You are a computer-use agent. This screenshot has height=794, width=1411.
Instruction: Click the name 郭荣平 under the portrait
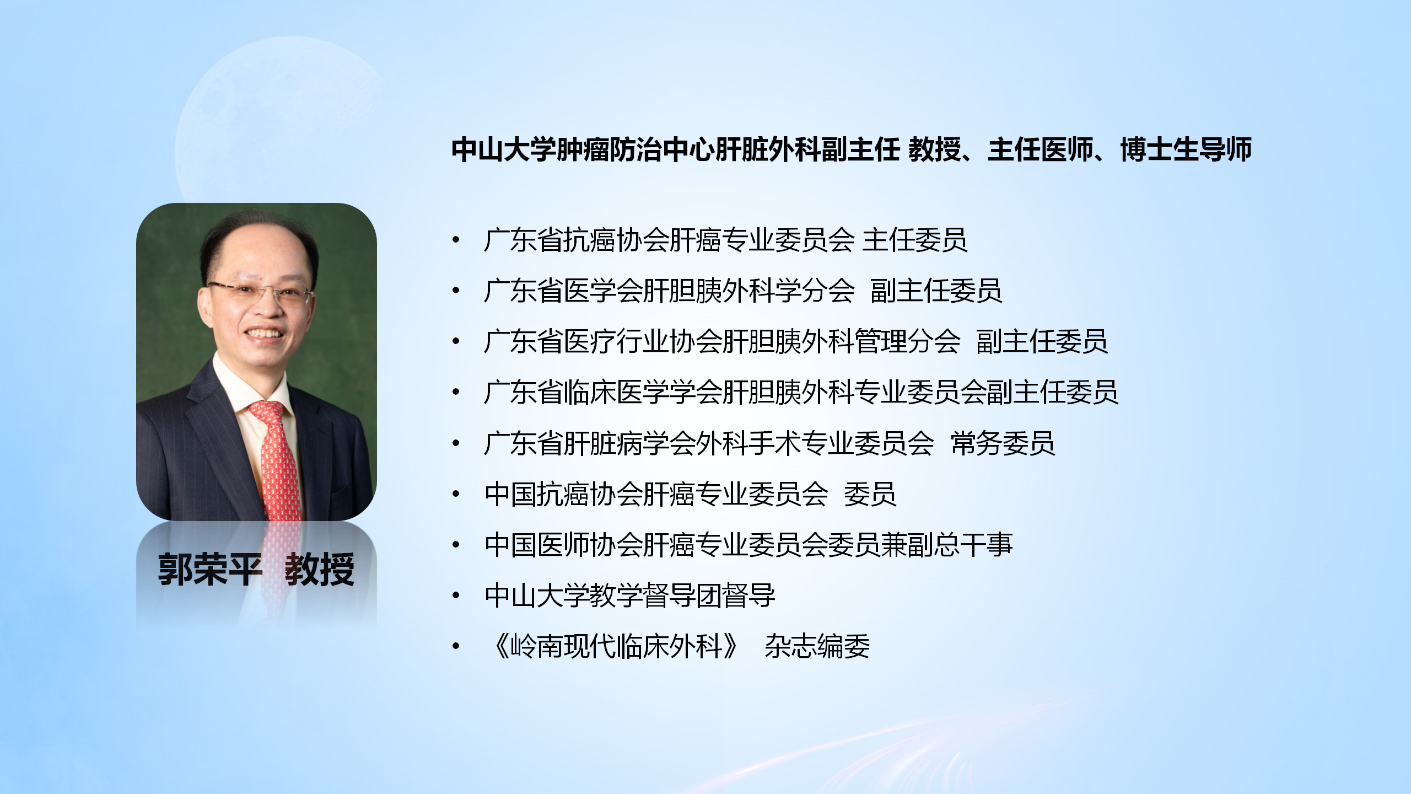coord(209,569)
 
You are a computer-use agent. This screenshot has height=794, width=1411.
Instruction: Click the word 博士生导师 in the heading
coord(1186,149)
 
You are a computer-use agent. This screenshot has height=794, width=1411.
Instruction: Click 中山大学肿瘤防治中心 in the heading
coord(583,149)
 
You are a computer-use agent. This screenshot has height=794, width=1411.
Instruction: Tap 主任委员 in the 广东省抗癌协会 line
coord(914,240)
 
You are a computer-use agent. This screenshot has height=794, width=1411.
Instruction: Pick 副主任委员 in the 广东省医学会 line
coord(936,291)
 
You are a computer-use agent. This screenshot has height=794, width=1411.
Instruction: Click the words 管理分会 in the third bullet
coord(908,341)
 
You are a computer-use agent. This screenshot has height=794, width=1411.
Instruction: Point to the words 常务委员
coord(1003,443)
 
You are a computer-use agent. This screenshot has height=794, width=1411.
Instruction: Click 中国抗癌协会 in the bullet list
coord(563,494)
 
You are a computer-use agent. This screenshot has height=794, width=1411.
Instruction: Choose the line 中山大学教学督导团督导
coord(630,595)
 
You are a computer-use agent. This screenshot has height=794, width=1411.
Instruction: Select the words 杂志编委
coord(817,646)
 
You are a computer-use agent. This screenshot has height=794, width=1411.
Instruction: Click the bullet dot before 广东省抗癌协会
coord(456,240)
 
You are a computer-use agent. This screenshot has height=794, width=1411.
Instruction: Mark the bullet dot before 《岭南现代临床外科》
coord(456,646)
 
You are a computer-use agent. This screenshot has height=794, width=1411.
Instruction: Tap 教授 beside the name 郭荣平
coord(320,569)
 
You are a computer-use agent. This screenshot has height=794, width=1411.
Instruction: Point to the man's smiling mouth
coord(265,334)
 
